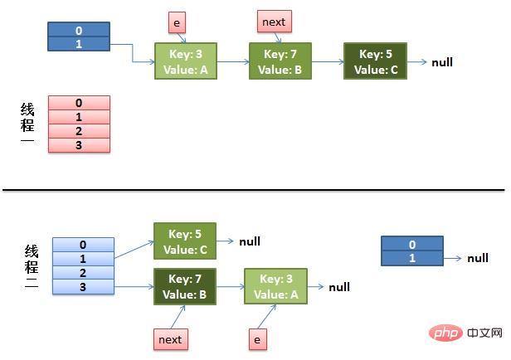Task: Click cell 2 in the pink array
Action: [79, 131]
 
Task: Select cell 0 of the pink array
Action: [79, 103]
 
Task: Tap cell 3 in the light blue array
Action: [82, 286]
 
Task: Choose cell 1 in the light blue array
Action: [82, 259]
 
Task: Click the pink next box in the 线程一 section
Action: [275, 21]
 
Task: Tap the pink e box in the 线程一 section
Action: [177, 21]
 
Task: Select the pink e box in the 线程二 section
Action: [258, 338]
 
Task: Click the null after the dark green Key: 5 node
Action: [442, 62]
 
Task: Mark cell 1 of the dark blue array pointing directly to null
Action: [411, 258]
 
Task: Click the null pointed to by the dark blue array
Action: [478, 258]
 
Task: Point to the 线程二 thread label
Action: [31, 265]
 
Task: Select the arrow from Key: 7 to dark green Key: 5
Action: [327, 61]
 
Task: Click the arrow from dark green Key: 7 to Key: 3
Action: [231, 287]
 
